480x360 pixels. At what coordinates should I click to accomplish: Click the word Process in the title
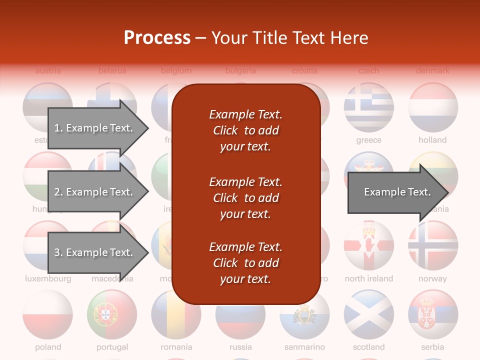tap(157, 38)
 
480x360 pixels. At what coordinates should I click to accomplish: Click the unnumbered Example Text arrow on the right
tap(397, 192)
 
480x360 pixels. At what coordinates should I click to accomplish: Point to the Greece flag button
tap(368, 107)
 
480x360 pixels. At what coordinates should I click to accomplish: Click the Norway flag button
tap(433, 245)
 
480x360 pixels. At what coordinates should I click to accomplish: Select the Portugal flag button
tap(112, 314)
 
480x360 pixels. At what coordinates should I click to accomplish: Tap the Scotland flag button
tap(368, 314)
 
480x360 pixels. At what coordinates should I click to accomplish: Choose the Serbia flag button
tap(433, 314)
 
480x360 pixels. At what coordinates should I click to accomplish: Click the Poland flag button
tap(47, 314)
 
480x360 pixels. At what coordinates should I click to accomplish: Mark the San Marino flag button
tap(304, 314)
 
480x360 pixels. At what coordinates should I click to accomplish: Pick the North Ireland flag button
tap(368, 245)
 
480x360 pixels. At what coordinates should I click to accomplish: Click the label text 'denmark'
tap(432, 71)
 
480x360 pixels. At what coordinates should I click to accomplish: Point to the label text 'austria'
tap(48, 71)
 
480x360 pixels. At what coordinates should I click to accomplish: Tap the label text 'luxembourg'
tap(48, 278)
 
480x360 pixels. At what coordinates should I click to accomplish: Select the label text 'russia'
tap(240, 346)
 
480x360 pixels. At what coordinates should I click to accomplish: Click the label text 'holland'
tap(432, 140)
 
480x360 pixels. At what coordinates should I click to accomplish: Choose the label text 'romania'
tap(176, 346)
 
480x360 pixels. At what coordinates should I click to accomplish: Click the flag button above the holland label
tap(433, 107)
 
